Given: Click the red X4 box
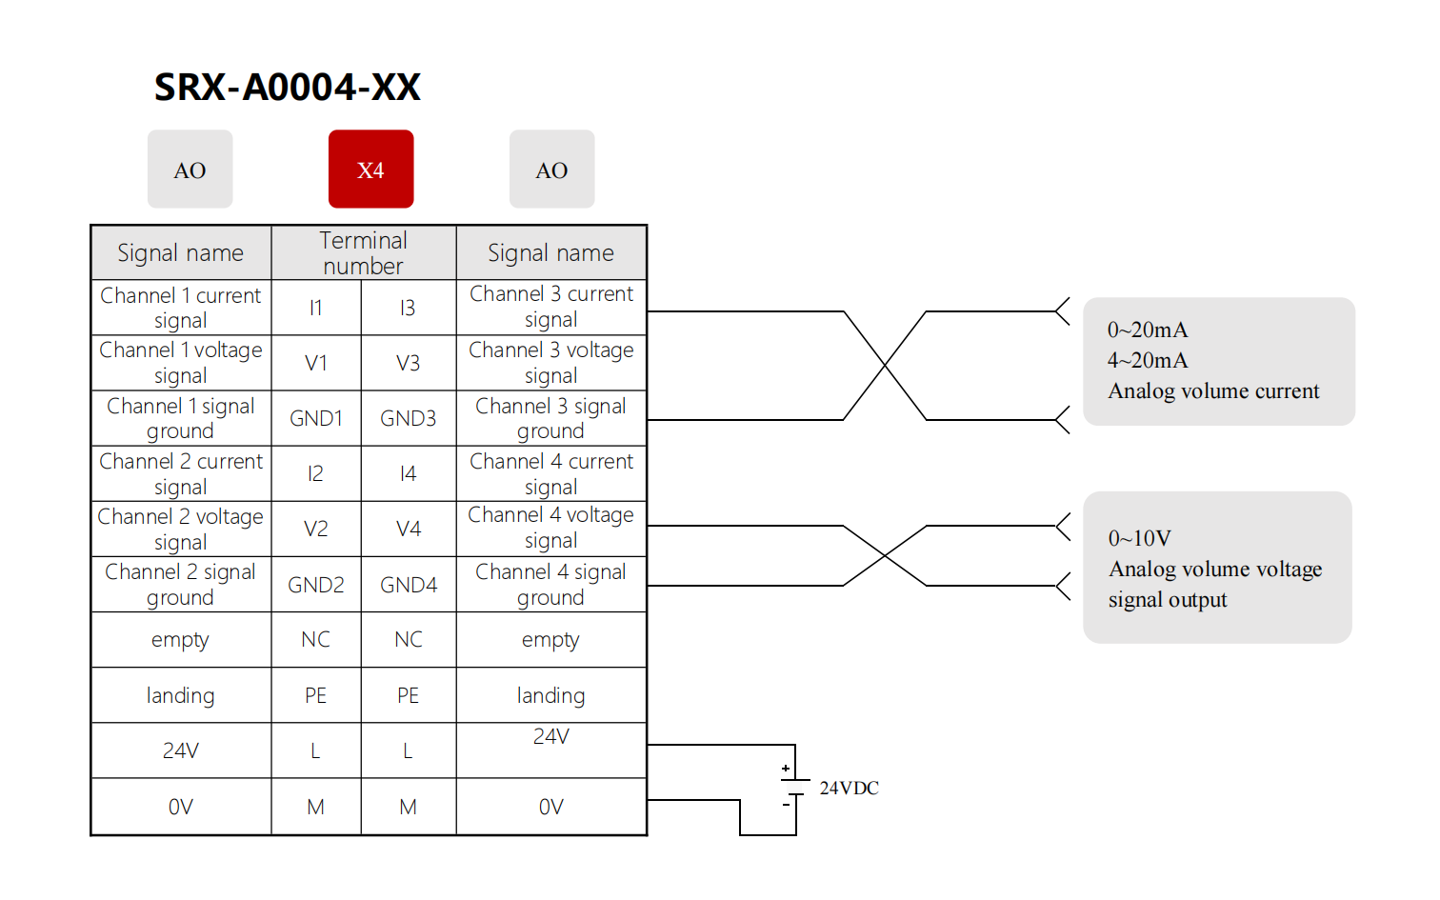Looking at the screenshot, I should tap(370, 170).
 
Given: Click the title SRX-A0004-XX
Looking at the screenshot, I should tap(287, 88).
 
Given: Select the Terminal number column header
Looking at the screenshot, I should tap(363, 252).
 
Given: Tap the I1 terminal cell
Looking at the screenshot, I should tap(315, 308).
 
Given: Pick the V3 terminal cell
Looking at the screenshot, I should tap(408, 363).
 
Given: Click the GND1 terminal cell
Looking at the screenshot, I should tap(315, 418).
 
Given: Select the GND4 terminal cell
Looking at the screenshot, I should tap(408, 585).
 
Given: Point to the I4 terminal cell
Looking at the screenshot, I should tap(408, 473).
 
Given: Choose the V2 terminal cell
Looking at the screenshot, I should tap(315, 529).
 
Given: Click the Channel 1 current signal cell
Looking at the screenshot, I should tap(180, 308).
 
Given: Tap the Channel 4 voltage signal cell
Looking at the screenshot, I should tap(550, 528).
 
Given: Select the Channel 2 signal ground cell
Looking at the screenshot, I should tap(180, 585).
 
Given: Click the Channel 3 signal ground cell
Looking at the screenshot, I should tap(550, 418).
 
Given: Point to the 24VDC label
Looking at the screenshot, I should tap(849, 788).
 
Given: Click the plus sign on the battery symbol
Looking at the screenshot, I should tap(786, 768).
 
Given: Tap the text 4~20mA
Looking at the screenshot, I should tap(1148, 360).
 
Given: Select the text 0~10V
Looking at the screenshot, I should tap(1139, 538).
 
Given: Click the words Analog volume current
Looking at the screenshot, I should tap(1213, 390).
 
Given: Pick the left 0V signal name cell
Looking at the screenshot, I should tap(180, 807).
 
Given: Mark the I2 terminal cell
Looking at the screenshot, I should tap(315, 473).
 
